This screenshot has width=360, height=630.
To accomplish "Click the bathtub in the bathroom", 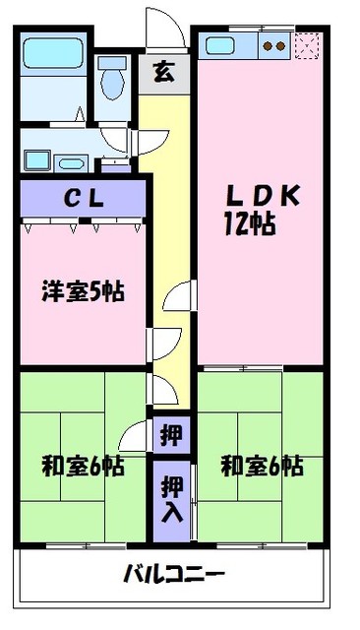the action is (x=52, y=53).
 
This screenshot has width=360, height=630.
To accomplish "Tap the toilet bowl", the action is (x=113, y=85).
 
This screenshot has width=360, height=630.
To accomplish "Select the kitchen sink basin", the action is (x=219, y=46).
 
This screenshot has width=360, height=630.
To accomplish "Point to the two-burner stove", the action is (x=274, y=46).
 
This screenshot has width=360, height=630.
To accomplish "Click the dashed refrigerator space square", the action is (x=307, y=46).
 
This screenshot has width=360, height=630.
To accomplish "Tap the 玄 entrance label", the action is (x=163, y=73).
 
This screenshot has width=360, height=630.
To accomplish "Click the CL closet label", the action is (x=85, y=199).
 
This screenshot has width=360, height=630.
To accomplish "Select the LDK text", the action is (x=263, y=196).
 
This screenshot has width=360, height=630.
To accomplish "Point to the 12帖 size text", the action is (x=250, y=223).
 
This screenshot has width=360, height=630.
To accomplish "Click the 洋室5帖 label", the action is (x=83, y=291).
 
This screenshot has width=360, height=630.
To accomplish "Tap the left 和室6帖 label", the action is (x=83, y=466).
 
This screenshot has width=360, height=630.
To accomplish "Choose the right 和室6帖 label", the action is (x=262, y=466).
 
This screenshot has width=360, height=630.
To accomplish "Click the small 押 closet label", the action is (x=171, y=435).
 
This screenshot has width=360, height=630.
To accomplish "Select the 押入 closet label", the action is (x=172, y=499).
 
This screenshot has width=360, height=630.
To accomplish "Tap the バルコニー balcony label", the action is (x=174, y=573).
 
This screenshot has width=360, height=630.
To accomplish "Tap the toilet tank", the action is (x=112, y=62).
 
